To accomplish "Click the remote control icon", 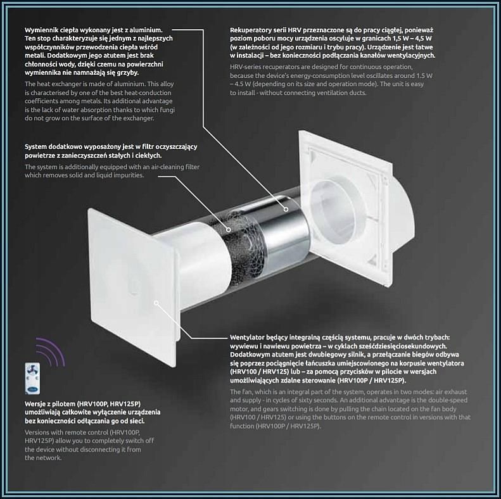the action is (32, 378).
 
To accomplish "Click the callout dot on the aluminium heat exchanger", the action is (286, 209).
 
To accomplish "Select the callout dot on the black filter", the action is (229, 230).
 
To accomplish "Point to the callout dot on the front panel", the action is (156, 303).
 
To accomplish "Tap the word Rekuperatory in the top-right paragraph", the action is (250, 30).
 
